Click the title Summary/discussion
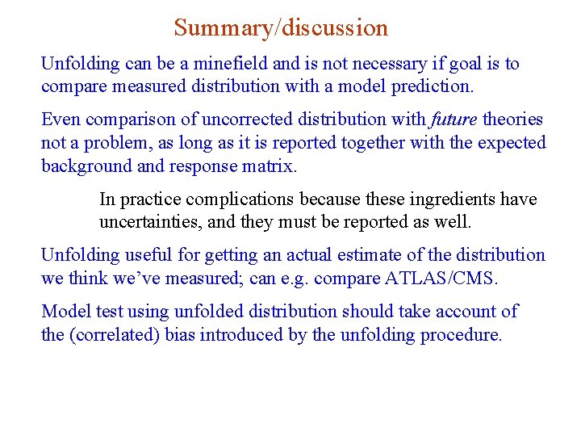[281, 27]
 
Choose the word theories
[512, 119]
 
